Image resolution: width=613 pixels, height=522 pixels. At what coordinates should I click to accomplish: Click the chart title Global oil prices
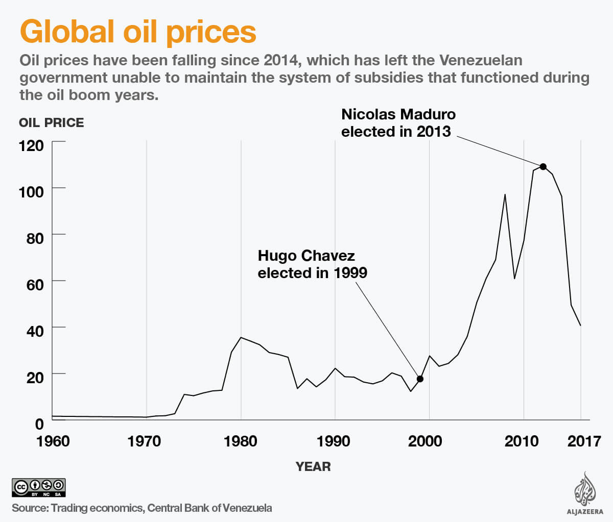point(138,32)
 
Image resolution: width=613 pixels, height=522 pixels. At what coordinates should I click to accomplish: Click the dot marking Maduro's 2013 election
point(543,167)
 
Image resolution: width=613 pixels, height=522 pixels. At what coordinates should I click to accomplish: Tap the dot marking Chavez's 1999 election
point(420,379)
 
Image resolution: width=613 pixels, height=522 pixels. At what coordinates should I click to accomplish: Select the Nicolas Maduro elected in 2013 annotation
point(398,123)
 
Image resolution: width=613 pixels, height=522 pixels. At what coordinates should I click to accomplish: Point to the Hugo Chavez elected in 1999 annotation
point(312,264)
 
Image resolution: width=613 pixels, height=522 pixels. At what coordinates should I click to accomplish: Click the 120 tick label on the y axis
point(31,146)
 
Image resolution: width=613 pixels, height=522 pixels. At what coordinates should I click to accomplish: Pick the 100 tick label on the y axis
point(31,193)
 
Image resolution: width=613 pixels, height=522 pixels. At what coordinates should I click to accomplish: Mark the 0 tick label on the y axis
point(39,424)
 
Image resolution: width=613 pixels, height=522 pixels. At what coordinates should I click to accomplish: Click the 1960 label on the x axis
point(53,441)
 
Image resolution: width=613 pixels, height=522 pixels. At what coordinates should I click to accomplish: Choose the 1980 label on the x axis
point(240,441)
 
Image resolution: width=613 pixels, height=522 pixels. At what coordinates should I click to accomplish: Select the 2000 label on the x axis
point(425,441)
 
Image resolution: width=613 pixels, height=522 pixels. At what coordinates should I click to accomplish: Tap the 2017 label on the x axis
point(584,441)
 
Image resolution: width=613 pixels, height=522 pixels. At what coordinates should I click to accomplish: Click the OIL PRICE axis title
point(51,123)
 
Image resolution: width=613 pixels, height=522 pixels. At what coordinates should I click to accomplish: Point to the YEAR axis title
point(313,466)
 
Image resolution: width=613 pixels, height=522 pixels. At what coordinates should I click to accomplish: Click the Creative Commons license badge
point(39,488)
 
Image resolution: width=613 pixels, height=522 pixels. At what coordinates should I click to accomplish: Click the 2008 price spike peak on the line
point(505,194)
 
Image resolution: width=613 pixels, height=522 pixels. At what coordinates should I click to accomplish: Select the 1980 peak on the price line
point(241,337)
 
